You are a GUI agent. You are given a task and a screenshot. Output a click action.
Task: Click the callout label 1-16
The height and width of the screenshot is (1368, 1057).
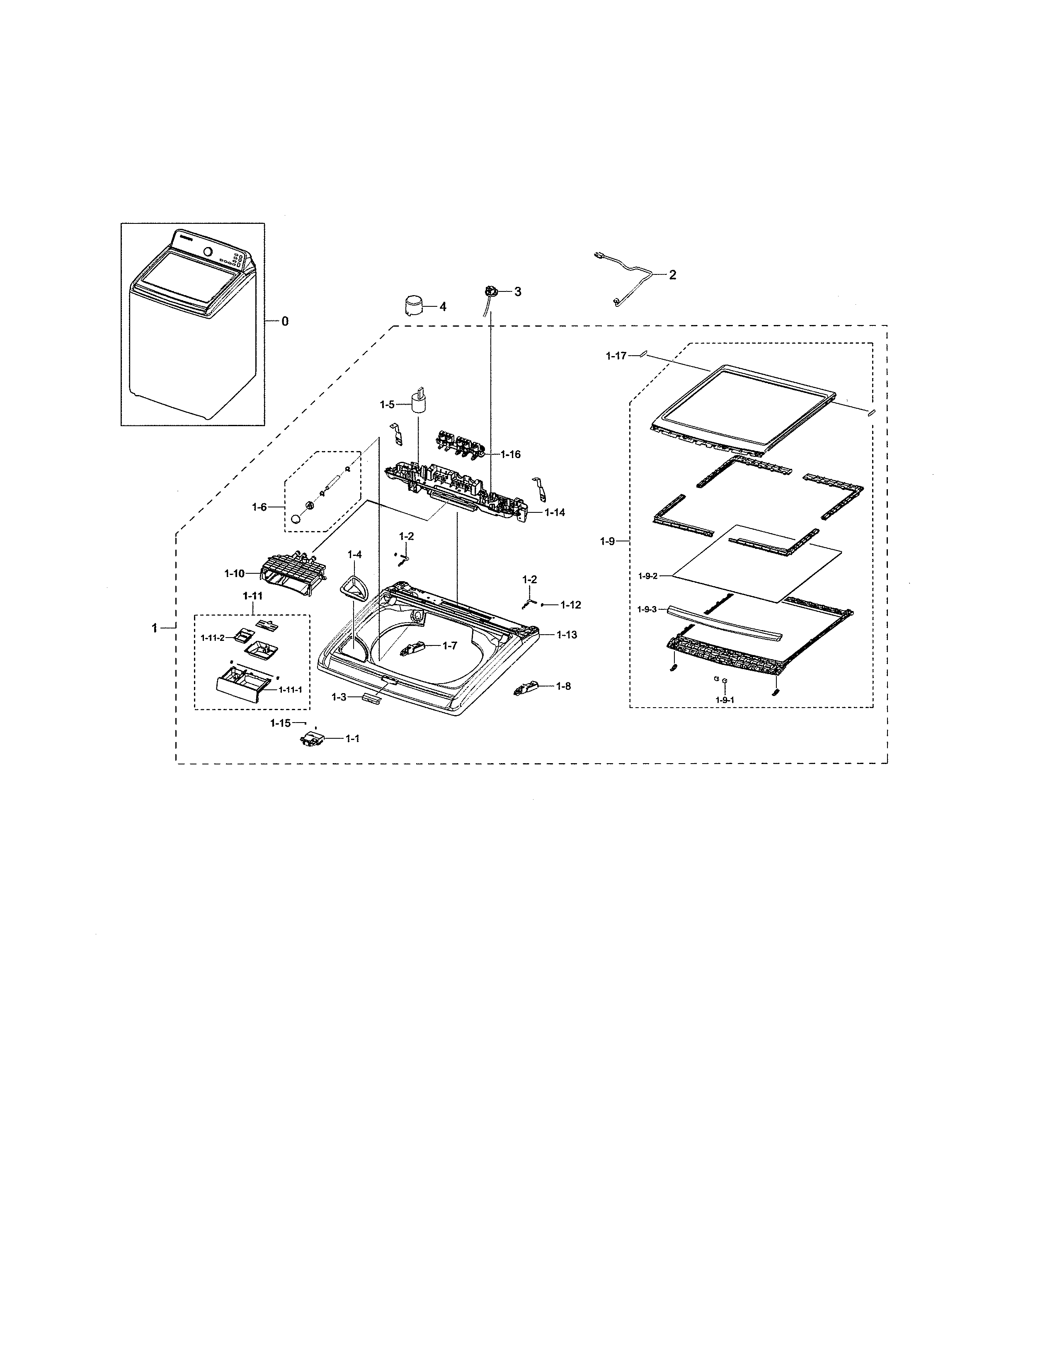tap(510, 454)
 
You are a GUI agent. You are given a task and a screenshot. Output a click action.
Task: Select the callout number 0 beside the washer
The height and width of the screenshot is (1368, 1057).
tap(285, 321)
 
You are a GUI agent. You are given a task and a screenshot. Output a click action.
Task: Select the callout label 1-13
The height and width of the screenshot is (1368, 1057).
tap(567, 635)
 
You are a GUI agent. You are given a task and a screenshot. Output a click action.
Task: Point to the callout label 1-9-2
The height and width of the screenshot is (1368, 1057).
tap(647, 576)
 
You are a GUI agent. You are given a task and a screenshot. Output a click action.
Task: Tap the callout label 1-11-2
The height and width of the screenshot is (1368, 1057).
tap(212, 638)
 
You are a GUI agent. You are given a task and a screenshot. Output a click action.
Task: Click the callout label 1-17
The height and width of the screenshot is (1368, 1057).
tap(616, 356)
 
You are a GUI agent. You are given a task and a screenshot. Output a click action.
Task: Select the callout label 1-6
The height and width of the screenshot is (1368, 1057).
tap(259, 507)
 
